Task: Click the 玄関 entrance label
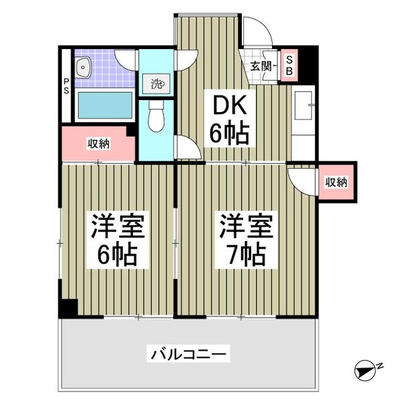pos(261,66)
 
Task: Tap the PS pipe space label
pos(66,88)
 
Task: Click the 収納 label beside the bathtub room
pos(99,143)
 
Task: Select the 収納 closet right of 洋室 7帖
pos(336,181)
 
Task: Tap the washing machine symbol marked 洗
pos(156,84)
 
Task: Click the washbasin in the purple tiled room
pos(84,66)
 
